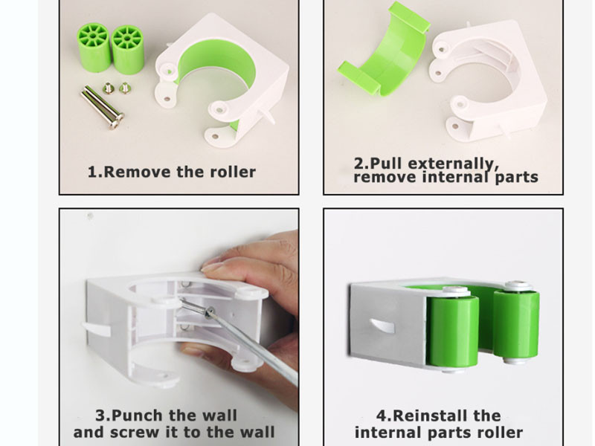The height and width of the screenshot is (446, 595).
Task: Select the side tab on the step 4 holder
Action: point(382,326)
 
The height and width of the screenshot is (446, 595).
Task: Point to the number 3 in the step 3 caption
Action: point(100,416)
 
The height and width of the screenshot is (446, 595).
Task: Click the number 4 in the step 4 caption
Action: point(382,416)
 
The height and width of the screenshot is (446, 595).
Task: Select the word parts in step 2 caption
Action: point(516,177)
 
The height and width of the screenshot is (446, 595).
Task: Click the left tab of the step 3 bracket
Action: point(96,329)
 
